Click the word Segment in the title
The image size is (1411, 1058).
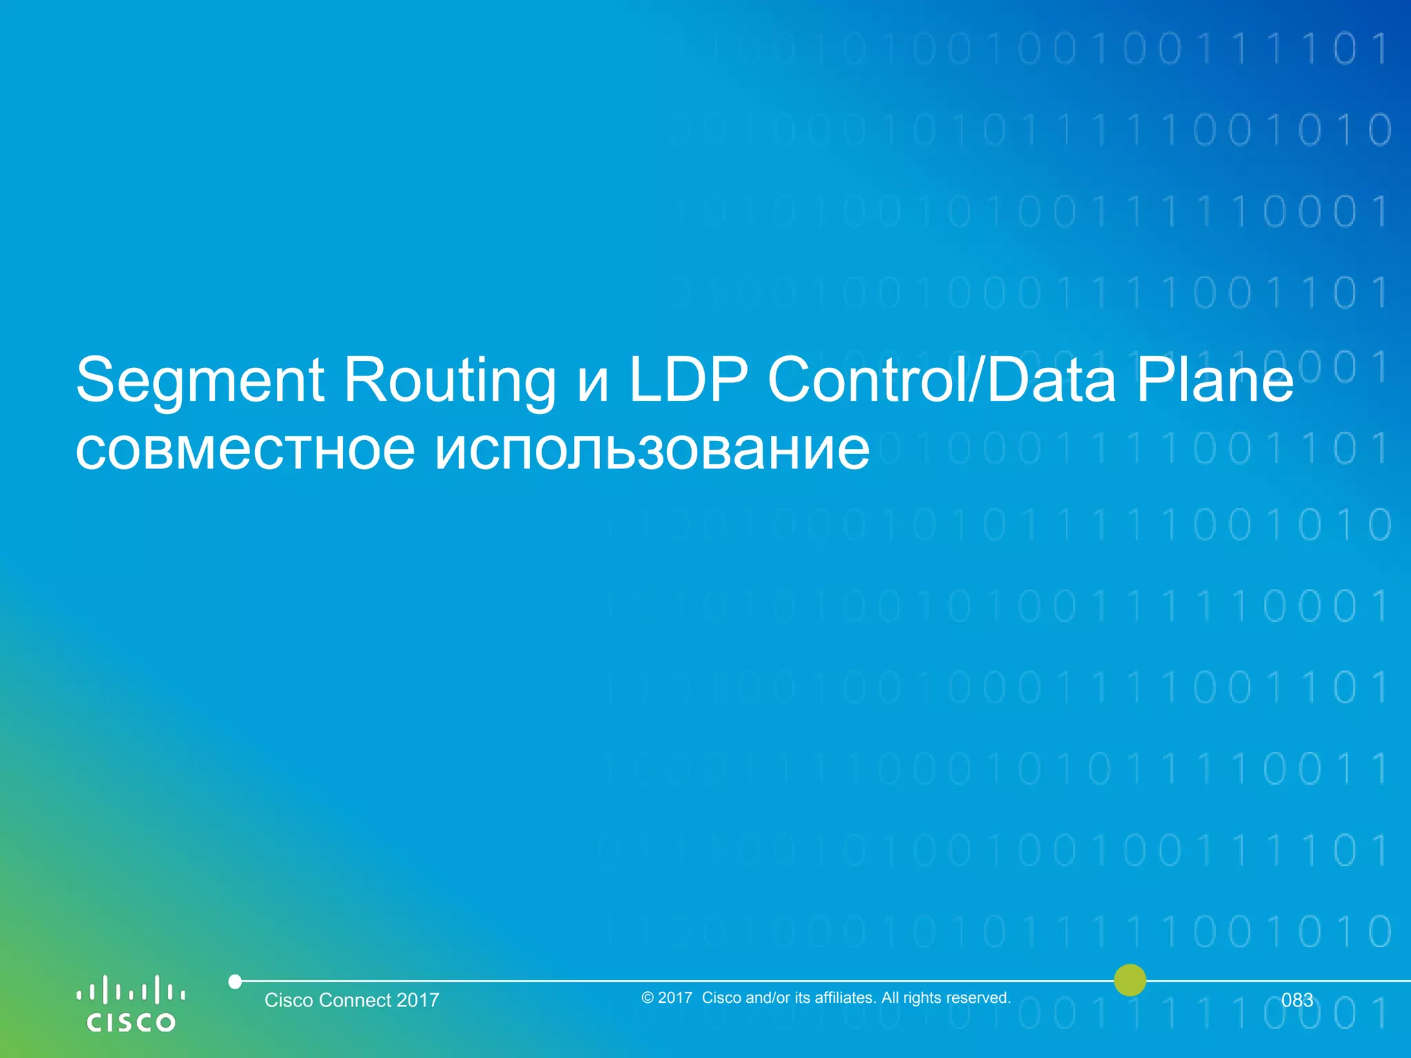pyautogui.click(x=200, y=380)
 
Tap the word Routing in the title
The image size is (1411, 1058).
pyautogui.click(x=449, y=380)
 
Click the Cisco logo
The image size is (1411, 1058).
pyautogui.click(x=130, y=1004)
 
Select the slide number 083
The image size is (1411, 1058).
pyautogui.click(x=1297, y=1000)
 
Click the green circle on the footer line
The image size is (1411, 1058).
pyautogui.click(x=1130, y=980)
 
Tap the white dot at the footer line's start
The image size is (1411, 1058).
pyautogui.click(x=235, y=982)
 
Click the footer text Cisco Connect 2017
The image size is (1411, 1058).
pyautogui.click(x=351, y=1000)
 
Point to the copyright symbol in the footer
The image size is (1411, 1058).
pyautogui.click(x=647, y=998)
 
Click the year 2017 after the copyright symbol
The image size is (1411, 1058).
pyautogui.click(x=675, y=998)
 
